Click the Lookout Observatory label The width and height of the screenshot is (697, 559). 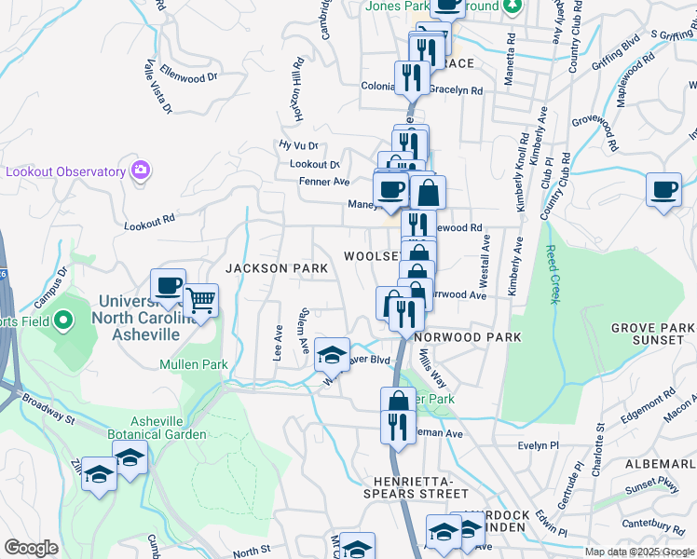point(65,171)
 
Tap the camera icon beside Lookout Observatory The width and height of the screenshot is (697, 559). point(141,170)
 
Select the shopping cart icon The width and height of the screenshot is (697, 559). point(201,301)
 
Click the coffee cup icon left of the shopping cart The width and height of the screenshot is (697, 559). point(169,285)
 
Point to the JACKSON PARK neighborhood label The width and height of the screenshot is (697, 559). point(277,268)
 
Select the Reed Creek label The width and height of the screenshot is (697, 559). point(552,275)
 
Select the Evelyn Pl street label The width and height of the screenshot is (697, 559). point(537,445)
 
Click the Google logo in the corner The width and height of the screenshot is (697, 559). point(31,548)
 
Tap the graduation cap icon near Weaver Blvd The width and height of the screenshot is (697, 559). point(332,353)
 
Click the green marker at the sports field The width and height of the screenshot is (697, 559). point(63,321)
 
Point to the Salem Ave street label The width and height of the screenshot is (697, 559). point(304,332)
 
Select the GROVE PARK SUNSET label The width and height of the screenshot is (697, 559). point(652,334)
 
